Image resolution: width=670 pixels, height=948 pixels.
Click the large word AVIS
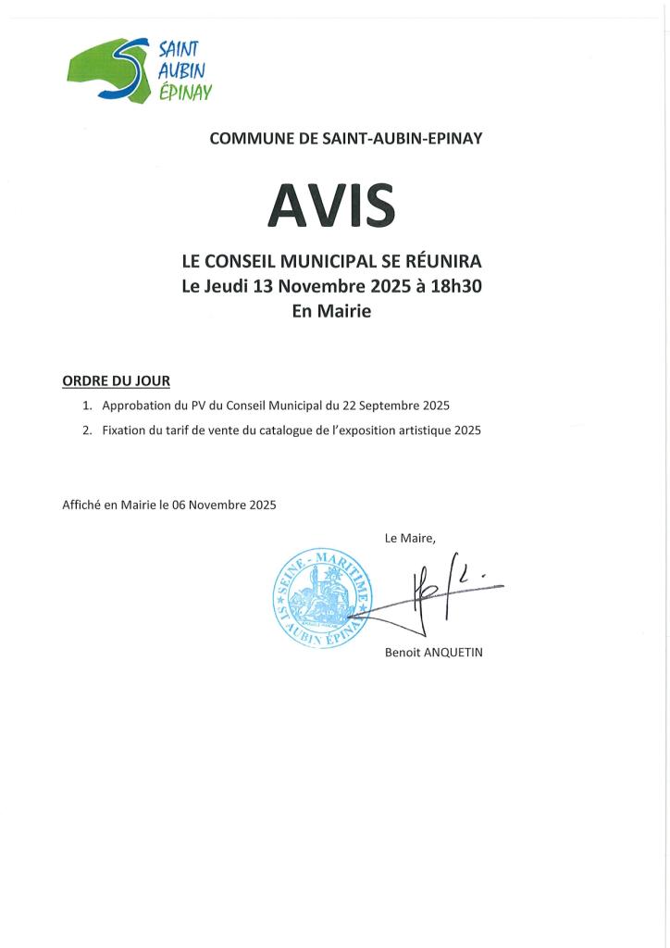331,205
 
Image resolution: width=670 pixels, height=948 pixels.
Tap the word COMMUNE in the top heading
243,139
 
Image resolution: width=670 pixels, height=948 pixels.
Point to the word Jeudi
225,286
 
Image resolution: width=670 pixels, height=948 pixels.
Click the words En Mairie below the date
331,312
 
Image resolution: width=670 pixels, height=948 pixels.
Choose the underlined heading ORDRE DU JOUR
116,380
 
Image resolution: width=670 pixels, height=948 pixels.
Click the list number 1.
87,406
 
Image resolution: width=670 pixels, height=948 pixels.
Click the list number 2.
87,430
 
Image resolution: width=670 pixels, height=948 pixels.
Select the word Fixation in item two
126,430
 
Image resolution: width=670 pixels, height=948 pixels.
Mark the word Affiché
82,505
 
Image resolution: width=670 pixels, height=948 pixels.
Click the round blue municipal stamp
320,596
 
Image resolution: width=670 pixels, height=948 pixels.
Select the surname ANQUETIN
453,652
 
